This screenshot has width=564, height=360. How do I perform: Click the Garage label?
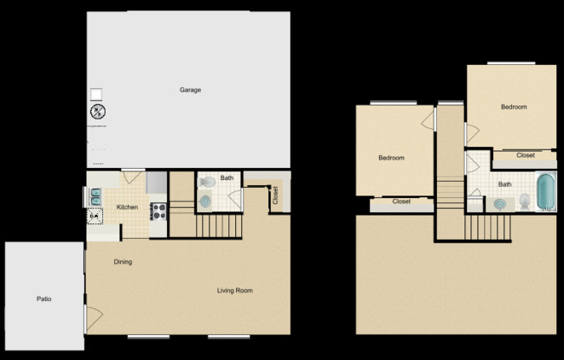[x=190, y=90]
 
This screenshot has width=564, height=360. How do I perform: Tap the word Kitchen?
[x=127, y=208]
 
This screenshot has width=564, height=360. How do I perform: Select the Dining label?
[x=123, y=261]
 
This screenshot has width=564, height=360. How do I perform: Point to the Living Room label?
[x=234, y=291]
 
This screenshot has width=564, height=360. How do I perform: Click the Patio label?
[x=43, y=299]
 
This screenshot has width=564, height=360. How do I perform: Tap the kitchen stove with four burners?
[x=158, y=208]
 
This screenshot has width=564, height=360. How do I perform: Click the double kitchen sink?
[x=95, y=197]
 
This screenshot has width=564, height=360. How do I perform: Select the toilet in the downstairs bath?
[x=207, y=183]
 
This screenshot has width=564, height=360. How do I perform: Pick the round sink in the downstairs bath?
[x=206, y=201]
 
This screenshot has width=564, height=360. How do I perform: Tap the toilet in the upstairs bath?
[x=524, y=202]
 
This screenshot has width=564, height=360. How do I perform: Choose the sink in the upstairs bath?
[x=500, y=204]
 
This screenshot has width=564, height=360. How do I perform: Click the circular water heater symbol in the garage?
[x=97, y=112]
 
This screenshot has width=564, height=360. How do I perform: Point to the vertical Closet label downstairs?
[x=275, y=196]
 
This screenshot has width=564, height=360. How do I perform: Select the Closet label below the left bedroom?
[x=401, y=202]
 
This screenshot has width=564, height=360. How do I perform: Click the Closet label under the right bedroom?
[x=525, y=156]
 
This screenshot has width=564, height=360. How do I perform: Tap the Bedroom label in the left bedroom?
[x=392, y=158]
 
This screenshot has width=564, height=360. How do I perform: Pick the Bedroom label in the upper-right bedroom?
[x=514, y=107]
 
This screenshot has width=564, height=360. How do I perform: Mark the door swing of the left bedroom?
[x=426, y=119]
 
